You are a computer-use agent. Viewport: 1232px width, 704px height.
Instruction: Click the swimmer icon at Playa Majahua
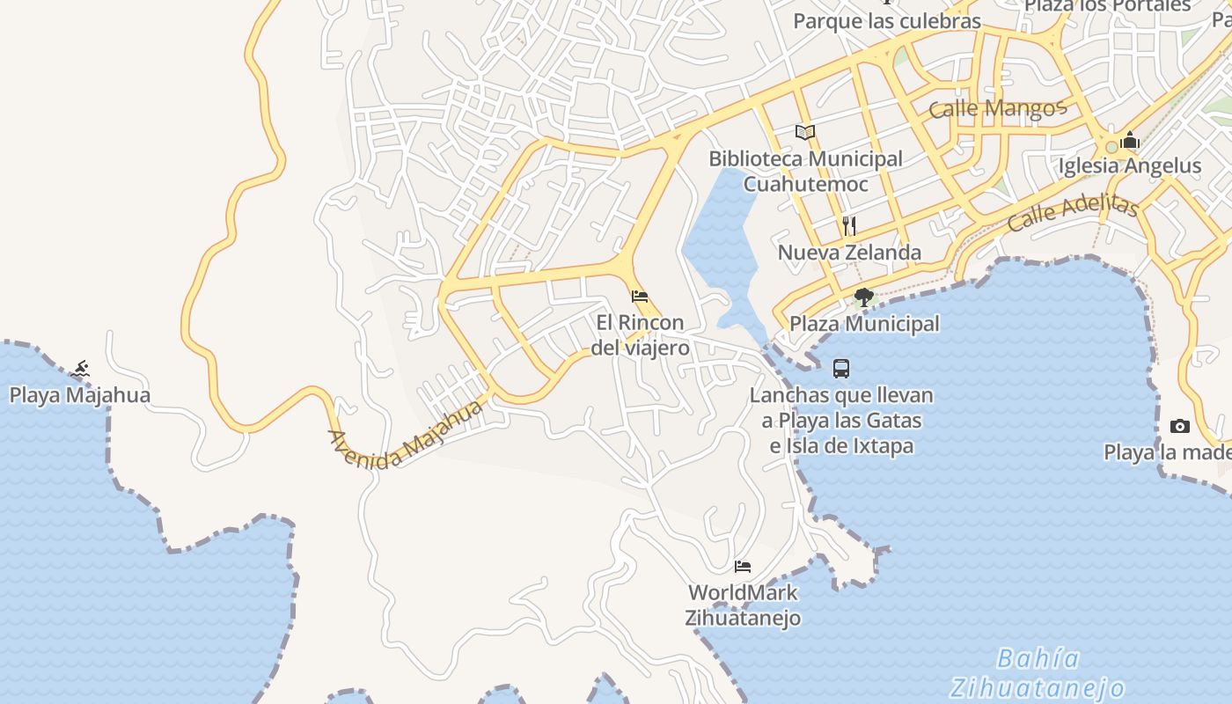coord(81,368)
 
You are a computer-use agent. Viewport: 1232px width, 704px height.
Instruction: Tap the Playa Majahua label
coord(80,395)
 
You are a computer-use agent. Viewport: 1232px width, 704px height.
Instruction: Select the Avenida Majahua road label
coord(406,435)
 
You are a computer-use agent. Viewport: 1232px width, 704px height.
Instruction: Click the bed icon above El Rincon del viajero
coord(640,297)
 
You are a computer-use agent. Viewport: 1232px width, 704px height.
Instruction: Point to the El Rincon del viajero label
coord(640,335)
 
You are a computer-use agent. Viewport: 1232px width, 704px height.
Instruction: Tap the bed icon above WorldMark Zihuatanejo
coord(743,566)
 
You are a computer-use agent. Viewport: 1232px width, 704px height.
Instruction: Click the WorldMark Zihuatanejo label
coord(743,605)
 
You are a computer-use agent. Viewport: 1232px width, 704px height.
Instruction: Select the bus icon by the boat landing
coord(841,369)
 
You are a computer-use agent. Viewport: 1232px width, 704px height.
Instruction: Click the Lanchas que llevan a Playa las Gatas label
coord(841,420)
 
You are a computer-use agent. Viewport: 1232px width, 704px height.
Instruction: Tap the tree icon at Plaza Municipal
coord(863,297)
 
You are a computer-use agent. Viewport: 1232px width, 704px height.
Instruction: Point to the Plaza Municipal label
coord(864,324)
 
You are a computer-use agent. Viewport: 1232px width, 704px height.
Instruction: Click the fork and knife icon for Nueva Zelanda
coord(849,226)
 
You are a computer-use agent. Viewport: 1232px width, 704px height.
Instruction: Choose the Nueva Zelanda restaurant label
coord(849,253)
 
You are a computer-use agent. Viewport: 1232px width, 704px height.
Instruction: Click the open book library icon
coord(805,132)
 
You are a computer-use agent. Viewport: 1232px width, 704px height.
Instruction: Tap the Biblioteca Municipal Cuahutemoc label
coord(805,171)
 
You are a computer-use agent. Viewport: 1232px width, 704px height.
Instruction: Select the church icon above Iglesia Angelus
coord(1130,140)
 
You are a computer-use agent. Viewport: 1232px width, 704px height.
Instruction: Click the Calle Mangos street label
coord(997,109)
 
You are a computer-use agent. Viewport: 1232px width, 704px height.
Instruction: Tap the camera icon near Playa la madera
coord(1179,427)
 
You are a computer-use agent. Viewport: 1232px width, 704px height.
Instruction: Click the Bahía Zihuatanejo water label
coord(1038,672)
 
